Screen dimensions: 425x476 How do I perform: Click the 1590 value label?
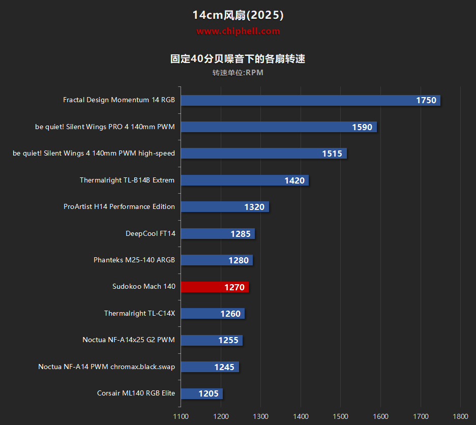click(x=362, y=127)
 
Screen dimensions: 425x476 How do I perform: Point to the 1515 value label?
click(x=332, y=154)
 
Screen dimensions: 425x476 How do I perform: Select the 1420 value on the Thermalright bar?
click(x=294, y=180)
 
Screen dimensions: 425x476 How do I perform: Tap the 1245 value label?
click(x=224, y=367)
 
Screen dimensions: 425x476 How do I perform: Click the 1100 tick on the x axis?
click(x=181, y=416)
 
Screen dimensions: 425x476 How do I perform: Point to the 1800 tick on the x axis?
click(x=461, y=416)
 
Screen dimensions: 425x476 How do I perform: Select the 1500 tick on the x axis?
click(x=341, y=416)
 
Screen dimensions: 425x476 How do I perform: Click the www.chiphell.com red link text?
click(x=238, y=31)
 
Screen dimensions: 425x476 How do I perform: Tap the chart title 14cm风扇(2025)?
click(x=238, y=15)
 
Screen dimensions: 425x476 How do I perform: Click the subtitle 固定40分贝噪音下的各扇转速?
click(x=238, y=59)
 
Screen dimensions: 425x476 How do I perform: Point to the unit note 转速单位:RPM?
click(x=238, y=73)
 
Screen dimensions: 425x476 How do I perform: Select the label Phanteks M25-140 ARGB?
click(x=134, y=260)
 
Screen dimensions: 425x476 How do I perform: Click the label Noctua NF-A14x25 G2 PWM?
click(x=129, y=340)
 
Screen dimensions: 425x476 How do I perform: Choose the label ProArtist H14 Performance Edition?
click(x=119, y=206)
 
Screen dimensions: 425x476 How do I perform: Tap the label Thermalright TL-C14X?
click(x=139, y=313)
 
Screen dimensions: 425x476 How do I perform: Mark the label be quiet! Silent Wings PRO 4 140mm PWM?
click(x=105, y=127)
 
